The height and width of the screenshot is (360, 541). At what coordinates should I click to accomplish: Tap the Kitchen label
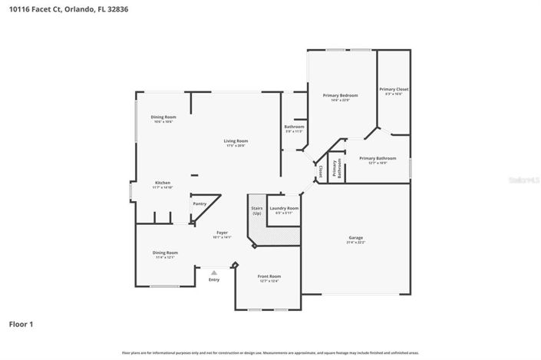(x=162, y=183)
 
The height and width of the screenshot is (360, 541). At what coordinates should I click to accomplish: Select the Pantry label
(x=200, y=203)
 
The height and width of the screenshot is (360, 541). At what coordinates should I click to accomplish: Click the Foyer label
(x=221, y=233)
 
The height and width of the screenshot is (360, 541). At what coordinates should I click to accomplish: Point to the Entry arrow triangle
(x=214, y=271)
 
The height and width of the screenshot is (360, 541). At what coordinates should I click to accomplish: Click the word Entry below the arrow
(x=214, y=279)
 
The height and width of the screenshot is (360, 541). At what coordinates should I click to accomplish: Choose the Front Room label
(x=269, y=276)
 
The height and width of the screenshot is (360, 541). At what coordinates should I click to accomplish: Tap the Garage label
(x=355, y=237)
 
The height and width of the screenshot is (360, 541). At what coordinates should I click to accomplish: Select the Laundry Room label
(x=284, y=208)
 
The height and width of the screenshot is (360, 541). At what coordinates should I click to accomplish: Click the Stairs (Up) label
(x=257, y=210)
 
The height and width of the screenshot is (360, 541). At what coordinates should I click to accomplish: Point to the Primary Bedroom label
(x=340, y=95)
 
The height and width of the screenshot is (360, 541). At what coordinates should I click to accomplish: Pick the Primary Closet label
(x=394, y=89)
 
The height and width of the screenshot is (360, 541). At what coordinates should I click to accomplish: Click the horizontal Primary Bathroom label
(x=373, y=158)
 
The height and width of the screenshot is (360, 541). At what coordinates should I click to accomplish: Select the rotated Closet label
(x=321, y=169)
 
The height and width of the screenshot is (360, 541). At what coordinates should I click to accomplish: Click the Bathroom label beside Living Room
(x=295, y=127)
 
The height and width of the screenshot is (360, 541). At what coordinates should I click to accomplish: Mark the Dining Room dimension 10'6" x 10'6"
(x=163, y=121)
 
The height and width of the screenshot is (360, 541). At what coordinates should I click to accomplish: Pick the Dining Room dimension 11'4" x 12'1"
(x=165, y=257)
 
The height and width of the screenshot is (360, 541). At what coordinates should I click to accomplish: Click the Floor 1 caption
(x=21, y=324)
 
